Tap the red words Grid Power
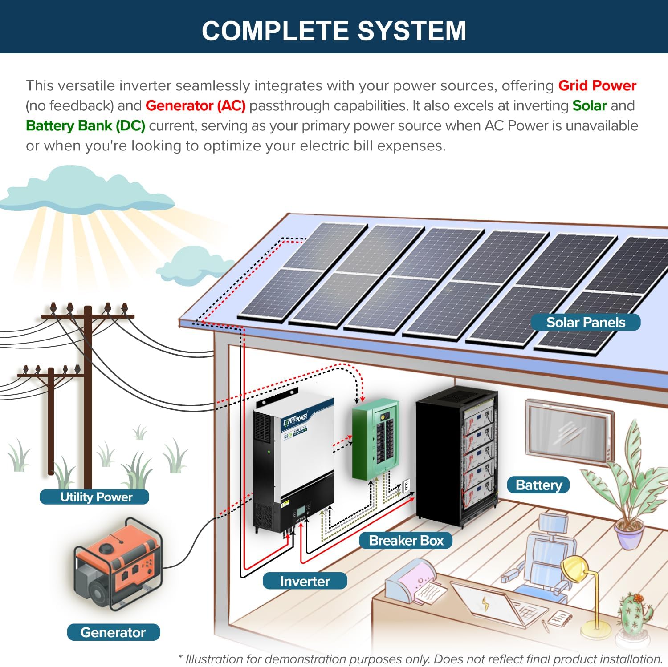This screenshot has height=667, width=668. pyautogui.click(x=597, y=85)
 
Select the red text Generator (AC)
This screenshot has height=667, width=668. pyautogui.click(x=196, y=106)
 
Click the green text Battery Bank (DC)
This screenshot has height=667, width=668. pyautogui.click(x=86, y=126)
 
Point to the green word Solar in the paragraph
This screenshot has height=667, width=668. pyautogui.click(x=589, y=106)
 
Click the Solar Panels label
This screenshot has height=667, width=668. pyautogui.click(x=585, y=322)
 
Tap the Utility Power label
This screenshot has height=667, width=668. pyautogui.click(x=94, y=497)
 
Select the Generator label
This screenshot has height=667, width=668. pyautogui.click(x=113, y=632)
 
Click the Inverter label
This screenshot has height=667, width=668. pyautogui.click(x=305, y=581)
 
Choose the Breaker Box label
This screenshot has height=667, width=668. pyautogui.click(x=406, y=540)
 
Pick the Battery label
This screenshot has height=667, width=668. pyautogui.click(x=538, y=485)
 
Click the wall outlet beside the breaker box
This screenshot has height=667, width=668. pyautogui.click(x=406, y=485)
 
